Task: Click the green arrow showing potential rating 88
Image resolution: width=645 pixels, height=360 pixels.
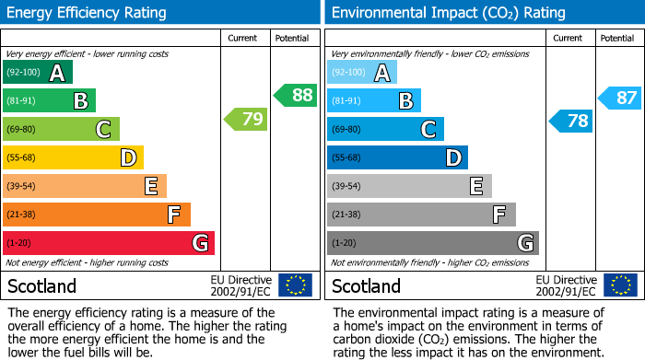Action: (x=296, y=95)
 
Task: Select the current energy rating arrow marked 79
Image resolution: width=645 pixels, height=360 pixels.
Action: (x=245, y=119)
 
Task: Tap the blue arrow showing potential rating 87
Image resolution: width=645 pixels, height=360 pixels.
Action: (x=620, y=99)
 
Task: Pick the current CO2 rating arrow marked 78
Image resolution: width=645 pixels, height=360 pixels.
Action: (x=571, y=121)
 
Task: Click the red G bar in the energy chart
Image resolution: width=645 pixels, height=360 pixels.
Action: (x=109, y=243)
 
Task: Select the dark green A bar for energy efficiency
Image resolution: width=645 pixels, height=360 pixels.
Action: (x=38, y=73)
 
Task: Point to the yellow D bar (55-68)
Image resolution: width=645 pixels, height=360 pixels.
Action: (x=73, y=157)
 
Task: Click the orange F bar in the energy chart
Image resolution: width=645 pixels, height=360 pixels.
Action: (x=97, y=215)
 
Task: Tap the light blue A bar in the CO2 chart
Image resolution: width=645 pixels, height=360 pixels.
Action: (x=362, y=73)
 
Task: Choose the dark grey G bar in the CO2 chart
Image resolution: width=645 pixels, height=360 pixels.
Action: (x=432, y=243)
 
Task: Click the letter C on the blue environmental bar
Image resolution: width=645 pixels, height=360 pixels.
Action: (x=428, y=130)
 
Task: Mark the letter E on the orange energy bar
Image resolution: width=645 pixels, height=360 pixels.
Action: (x=150, y=187)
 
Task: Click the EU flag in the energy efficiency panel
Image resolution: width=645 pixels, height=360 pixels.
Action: (x=295, y=285)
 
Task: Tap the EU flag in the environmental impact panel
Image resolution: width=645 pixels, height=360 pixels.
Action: (x=620, y=285)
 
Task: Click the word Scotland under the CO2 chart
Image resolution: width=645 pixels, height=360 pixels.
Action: (x=366, y=285)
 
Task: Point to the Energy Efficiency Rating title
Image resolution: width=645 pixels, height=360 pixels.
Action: (x=87, y=13)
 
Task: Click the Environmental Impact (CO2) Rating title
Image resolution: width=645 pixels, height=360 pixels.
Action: (x=448, y=13)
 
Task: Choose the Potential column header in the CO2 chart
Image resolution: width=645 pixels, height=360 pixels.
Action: (x=617, y=38)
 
